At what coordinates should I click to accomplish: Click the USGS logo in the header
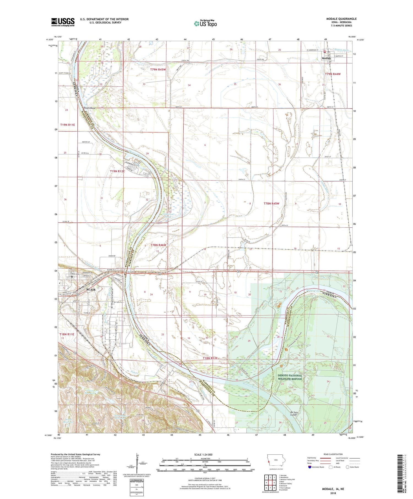[63, 22]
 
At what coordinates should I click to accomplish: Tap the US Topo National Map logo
[205, 23]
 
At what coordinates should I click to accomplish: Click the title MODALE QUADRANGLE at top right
[341, 19]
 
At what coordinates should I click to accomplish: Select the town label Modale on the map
[326, 59]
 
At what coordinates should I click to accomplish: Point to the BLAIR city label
[91, 290]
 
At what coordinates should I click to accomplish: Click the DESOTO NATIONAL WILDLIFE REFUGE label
[290, 377]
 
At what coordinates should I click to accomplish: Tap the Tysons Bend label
[89, 108]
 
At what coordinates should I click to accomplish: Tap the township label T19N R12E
[117, 171]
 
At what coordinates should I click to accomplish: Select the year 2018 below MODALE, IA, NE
[333, 493]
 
